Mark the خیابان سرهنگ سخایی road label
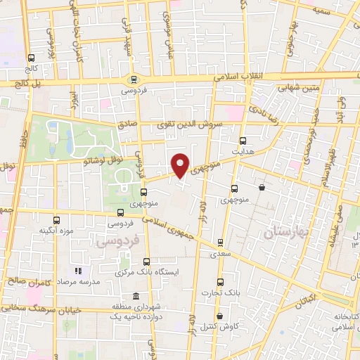(x=42, y=309)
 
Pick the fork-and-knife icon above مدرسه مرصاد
(x=78, y=270)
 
